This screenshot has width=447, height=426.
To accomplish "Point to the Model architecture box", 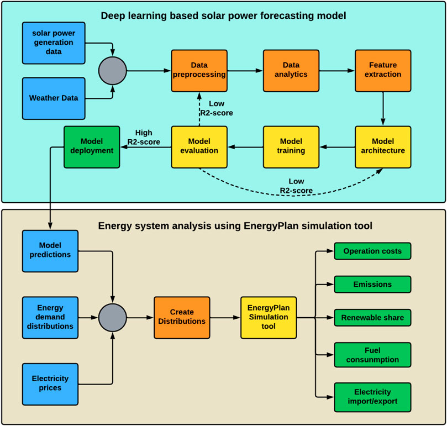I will pos(383,147).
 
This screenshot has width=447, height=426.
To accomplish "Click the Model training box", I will pos(291,147).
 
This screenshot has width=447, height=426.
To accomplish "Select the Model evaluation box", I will pos(199,147).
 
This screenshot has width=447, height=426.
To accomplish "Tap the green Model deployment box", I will pos(92,147).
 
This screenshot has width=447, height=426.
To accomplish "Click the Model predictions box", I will pos(50,251).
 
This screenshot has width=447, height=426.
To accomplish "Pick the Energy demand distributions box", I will pos(50,317).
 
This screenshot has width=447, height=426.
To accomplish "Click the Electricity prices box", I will pos(50,383).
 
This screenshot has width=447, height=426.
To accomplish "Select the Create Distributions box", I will pos(182,317).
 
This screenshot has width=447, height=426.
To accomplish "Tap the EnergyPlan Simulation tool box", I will pos(269,317).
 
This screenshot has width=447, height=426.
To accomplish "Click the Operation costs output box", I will pos(372,251).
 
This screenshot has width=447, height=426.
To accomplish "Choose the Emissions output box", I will pos(372,285).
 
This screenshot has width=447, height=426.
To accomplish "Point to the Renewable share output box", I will pos(372,318).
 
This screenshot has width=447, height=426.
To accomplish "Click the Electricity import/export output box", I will pos(372,397).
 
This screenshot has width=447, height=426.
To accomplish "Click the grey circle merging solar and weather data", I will pos(112,70).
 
